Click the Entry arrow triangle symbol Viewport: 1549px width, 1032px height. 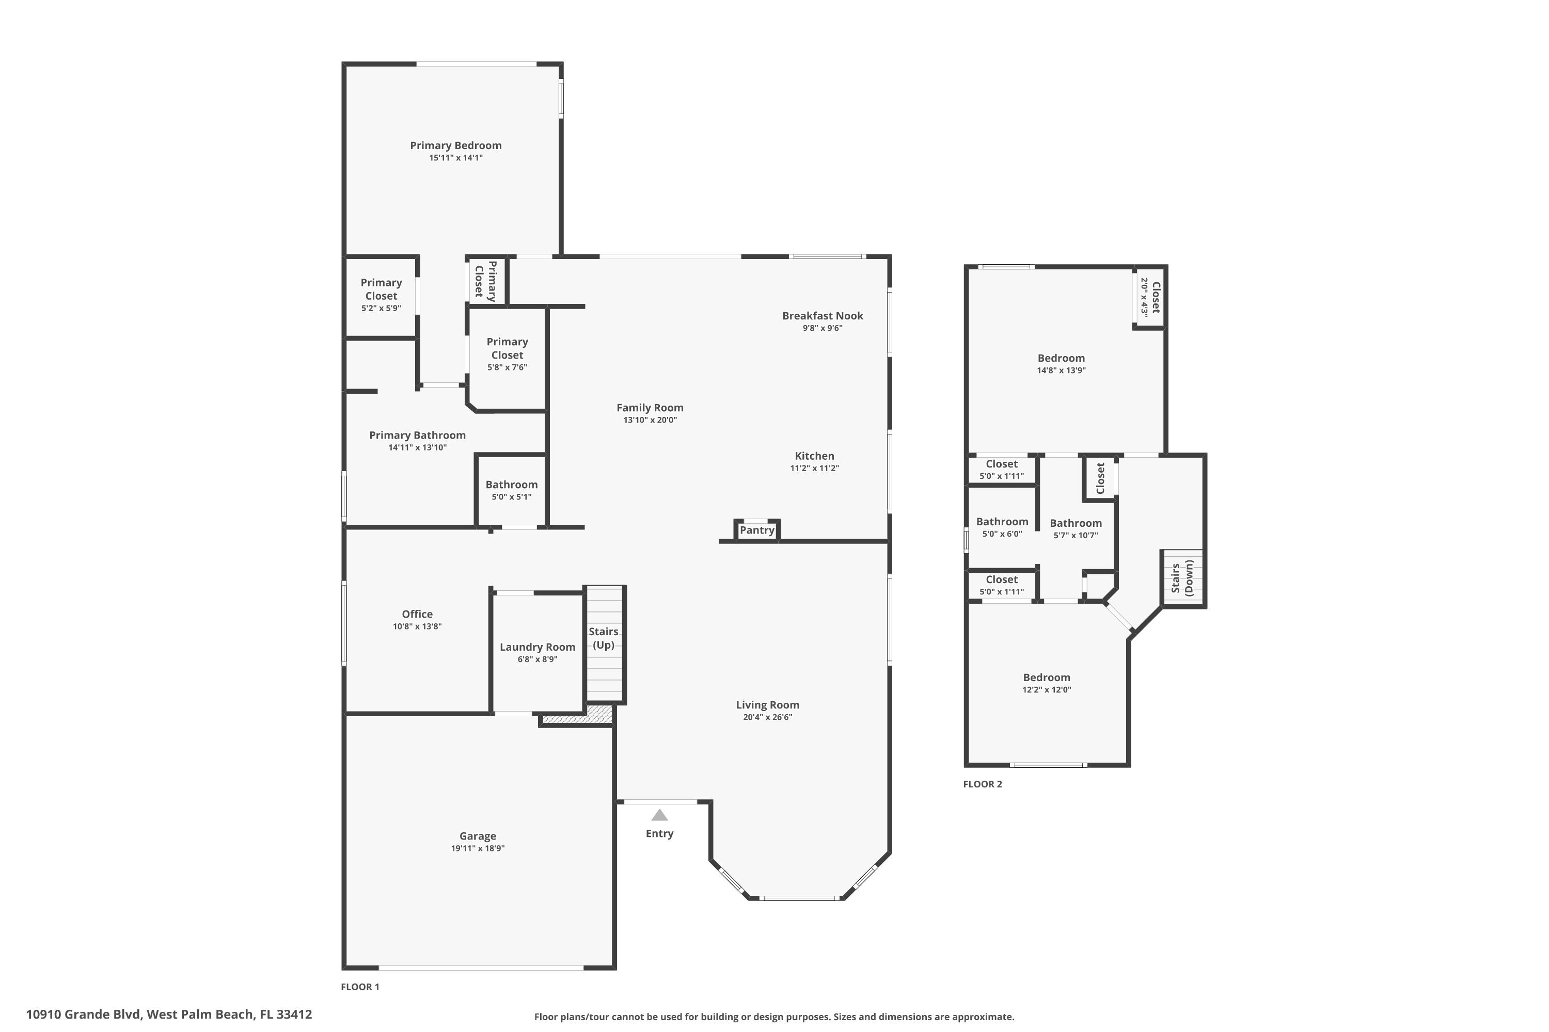coord(659,815)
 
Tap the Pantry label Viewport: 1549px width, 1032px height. coord(757,530)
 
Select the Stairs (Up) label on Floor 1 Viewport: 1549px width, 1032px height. coord(603,638)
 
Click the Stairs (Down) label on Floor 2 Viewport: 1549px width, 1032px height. coord(1182,578)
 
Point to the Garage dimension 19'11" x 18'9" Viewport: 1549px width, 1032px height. coord(478,848)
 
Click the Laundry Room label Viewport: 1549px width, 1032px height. coord(538,647)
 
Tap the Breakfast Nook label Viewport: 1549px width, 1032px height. coord(822,316)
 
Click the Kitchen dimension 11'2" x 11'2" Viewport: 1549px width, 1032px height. coord(814,469)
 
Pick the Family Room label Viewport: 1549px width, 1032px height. coord(650,408)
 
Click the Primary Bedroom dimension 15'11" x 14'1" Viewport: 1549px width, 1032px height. coord(456,158)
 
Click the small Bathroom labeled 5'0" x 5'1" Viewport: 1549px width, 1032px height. coord(511,490)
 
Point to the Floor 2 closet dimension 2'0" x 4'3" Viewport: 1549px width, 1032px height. coord(1145,298)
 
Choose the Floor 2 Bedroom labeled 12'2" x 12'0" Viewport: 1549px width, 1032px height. coord(1046,683)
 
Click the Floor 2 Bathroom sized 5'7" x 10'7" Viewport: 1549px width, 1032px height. coord(1075,528)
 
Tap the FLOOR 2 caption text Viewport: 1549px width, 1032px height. coord(982,784)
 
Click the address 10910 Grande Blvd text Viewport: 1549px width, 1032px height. coord(169,1014)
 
